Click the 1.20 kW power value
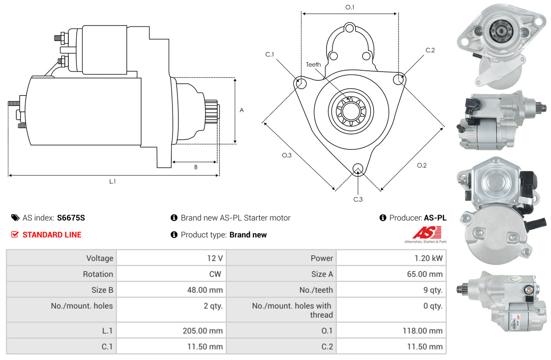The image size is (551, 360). [x=428, y=258]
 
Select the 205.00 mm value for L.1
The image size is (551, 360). [x=203, y=331]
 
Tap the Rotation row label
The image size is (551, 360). [x=98, y=274]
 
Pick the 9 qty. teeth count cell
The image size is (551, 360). [x=433, y=290]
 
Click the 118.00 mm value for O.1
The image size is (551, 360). [x=422, y=331]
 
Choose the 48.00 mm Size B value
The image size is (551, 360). [x=205, y=290]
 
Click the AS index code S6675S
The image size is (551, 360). [x=71, y=218]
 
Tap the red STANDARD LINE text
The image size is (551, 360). [x=52, y=234]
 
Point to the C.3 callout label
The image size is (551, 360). [x=358, y=199]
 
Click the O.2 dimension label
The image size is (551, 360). [x=422, y=165]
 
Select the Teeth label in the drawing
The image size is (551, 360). [x=313, y=64]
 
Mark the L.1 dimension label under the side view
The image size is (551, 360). [x=112, y=182]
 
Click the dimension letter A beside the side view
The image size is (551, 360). [x=242, y=110]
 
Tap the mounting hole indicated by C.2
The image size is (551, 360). [x=399, y=80]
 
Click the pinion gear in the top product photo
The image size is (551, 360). [x=500, y=31]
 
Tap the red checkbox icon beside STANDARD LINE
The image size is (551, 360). [x=15, y=234]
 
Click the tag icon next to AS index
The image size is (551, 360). [x=15, y=218]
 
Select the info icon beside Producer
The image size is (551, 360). [x=383, y=218]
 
